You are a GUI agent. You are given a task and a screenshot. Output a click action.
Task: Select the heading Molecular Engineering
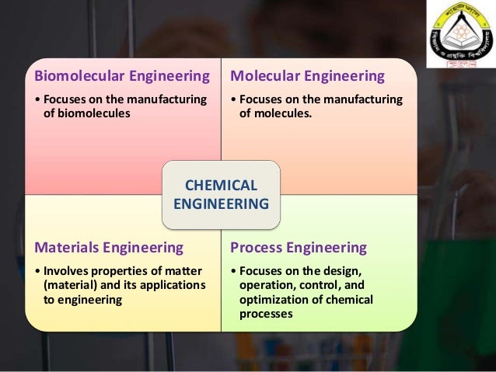tap(308, 76)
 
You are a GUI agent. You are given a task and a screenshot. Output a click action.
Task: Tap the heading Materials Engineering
tap(108, 248)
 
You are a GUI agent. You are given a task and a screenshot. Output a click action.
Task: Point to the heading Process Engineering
tap(298, 248)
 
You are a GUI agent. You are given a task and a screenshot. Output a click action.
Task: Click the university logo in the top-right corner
tap(461, 37)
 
